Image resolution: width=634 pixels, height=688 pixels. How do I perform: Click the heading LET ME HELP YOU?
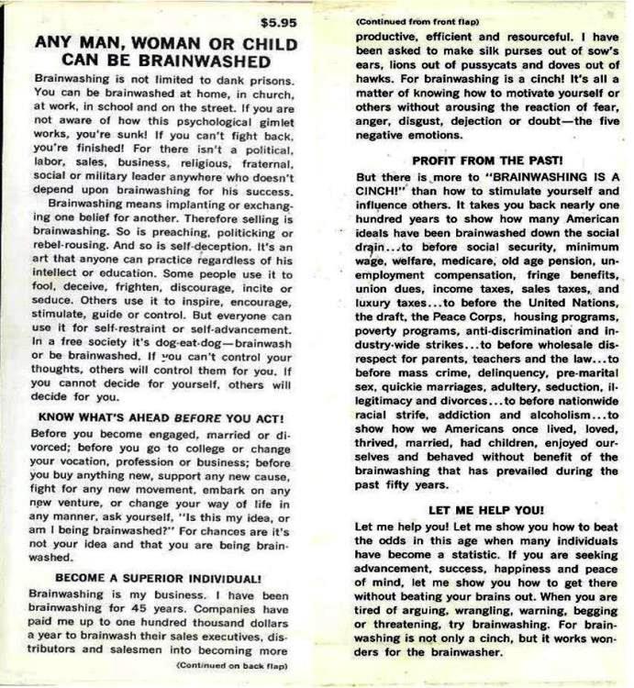486,509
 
